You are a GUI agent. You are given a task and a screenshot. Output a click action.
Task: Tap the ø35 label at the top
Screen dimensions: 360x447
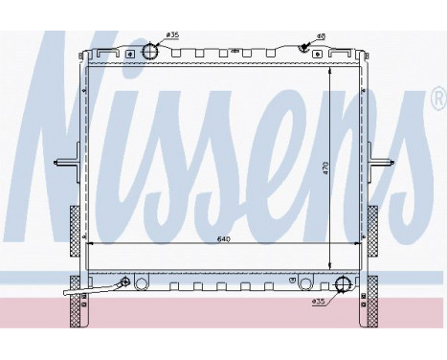(x=173, y=35)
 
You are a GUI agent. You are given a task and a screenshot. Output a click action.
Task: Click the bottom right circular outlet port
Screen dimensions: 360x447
(x=343, y=283)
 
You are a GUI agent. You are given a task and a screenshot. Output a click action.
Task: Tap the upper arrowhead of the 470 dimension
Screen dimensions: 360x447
(x=330, y=68)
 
